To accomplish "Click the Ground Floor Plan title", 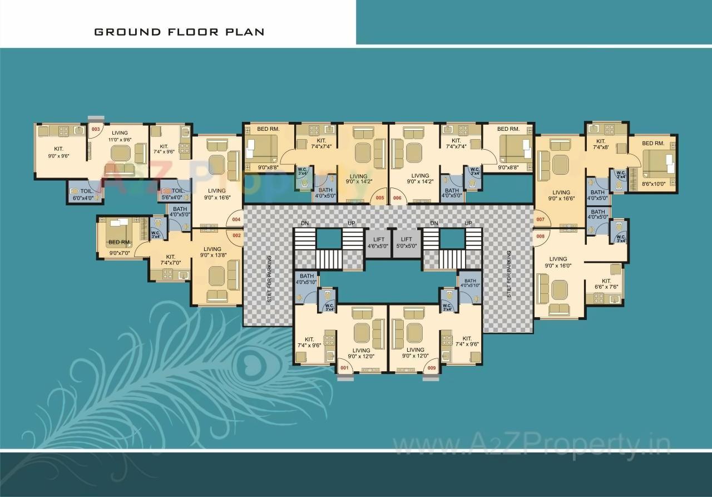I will [x=179, y=32].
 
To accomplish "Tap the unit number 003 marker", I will [x=95, y=130].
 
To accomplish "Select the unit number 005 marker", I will [x=380, y=198].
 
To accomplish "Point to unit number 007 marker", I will [x=540, y=220].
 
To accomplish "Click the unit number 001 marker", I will [x=344, y=367].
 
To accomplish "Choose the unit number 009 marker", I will [x=431, y=367].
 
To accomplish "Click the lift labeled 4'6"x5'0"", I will [x=378, y=243].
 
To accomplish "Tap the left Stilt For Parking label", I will [x=269, y=278].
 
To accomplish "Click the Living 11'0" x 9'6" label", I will [x=120, y=136].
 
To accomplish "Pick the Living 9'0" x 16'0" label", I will [x=558, y=262].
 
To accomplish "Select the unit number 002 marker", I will [x=236, y=235].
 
